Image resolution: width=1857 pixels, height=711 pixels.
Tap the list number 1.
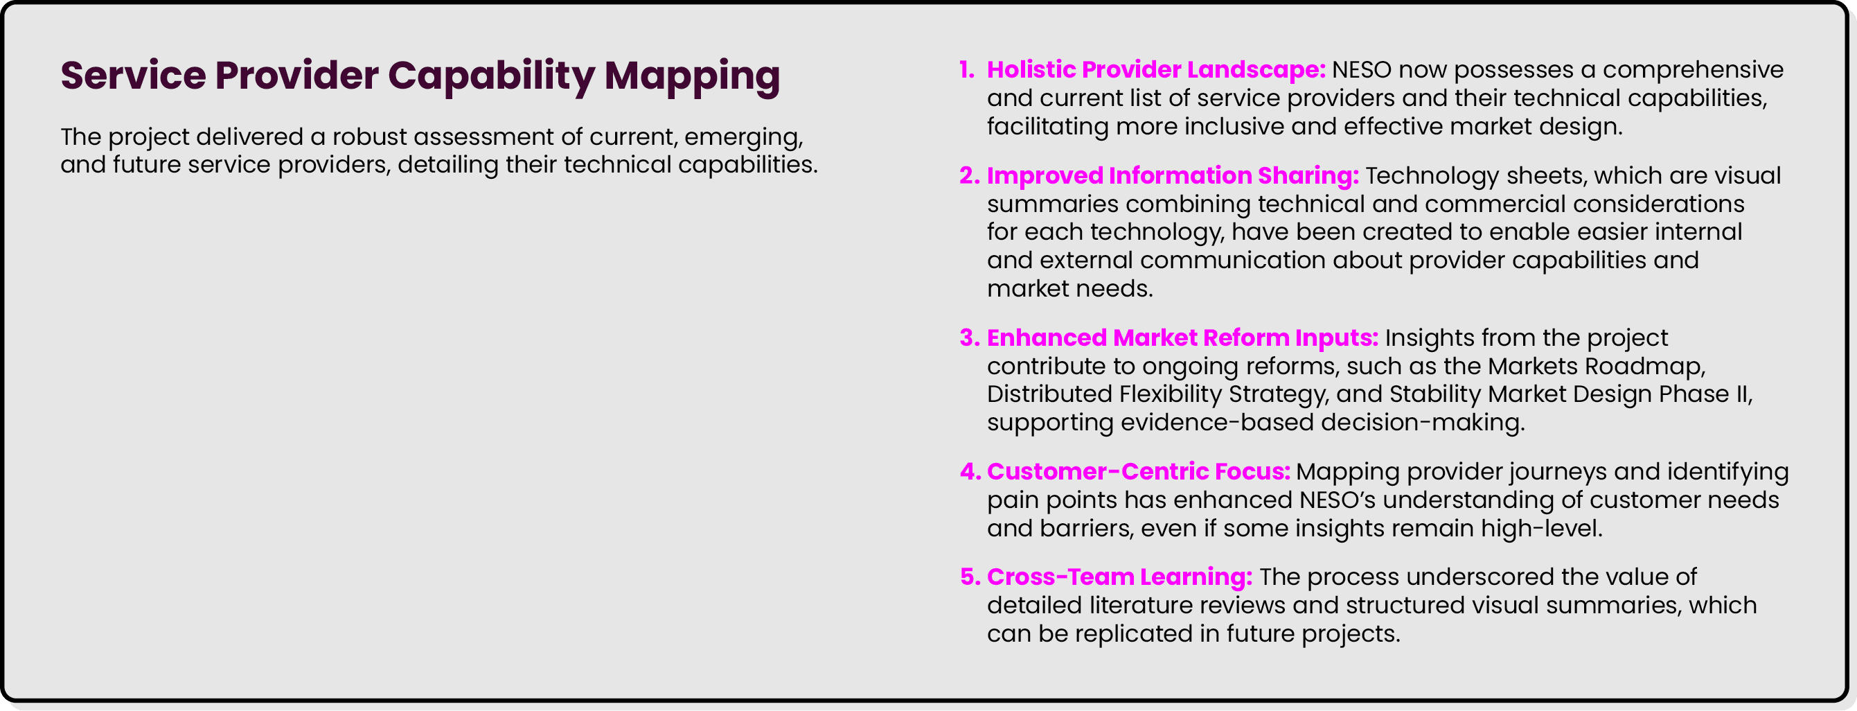[x=967, y=70]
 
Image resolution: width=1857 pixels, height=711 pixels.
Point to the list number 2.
[x=969, y=176]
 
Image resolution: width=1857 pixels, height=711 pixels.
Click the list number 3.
[x=969, y=338]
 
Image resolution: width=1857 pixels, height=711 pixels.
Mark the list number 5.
[x=970, y=577]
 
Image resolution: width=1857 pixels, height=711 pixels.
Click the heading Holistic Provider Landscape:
[x=1155, y=70]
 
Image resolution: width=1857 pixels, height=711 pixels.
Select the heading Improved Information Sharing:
[x=1172, y=176]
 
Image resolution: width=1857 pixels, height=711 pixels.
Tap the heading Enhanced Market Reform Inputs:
[x=1182, y=338]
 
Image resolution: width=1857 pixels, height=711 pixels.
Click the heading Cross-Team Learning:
[x=1119, y=577]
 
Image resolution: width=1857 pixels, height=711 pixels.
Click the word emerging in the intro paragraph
[x=743, y=137]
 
